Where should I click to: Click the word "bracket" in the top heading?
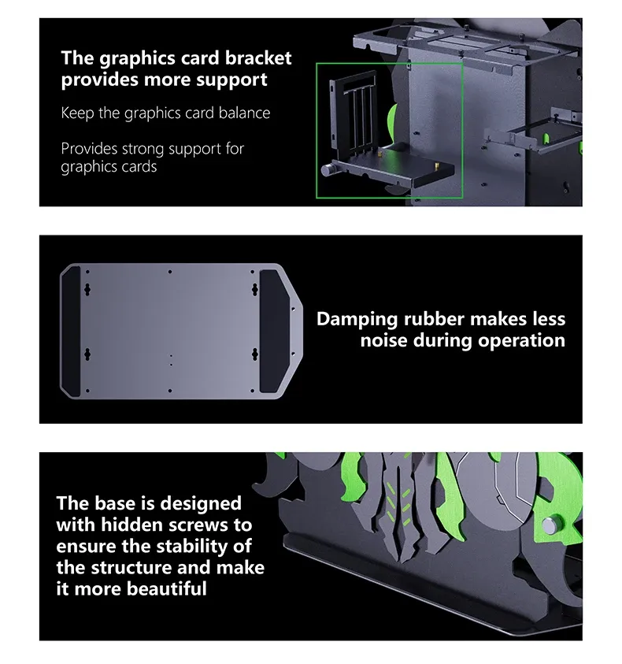[x=258, y=58]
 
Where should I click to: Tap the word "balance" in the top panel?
[x=244, y=113]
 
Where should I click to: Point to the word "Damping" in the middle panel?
[x=357, y=320]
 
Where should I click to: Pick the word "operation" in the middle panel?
[x=522, y=341]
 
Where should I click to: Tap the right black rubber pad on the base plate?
[x=273, y=331]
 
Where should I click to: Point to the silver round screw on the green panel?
[x=551, y=525]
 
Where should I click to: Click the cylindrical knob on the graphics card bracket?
[x=328, y=170]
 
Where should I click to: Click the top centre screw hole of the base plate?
[x=170, y=272]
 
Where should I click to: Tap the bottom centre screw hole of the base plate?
[x=170, y=391]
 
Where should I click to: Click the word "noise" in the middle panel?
[x=383, y=340]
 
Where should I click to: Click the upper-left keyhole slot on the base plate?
[x=87, y=290]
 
